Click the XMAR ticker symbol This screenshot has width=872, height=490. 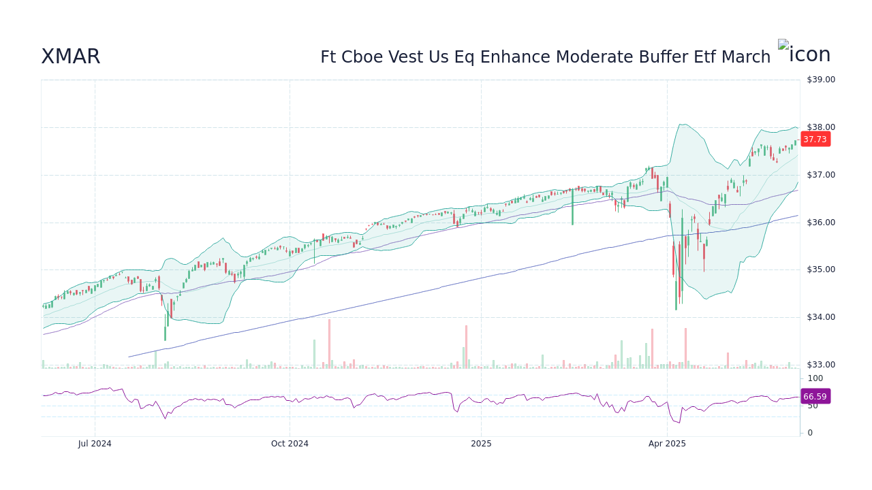pyautogui.click(x=70, y=57)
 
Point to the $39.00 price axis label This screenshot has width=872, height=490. pyautogui.click(x=820, y=80)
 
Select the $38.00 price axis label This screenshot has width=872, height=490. pyautogui.click(x=820, y=127)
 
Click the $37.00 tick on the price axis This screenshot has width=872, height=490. pyautogui.click(x=820, y=175)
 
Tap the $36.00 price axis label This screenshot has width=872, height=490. pyautogui.click(x=820, y=223)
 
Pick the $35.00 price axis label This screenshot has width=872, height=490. pyautogui.click(x=820, y=269)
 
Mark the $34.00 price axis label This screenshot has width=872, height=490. pyautogui.click(x=820, y=317)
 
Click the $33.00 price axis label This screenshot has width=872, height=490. pyautogui.click(x=820, y=365)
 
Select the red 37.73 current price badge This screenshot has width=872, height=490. pyautogui.click(x=815, y=140)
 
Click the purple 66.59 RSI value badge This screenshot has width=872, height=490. pyautogui.click(x=815, y=396)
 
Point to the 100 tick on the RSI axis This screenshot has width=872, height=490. pyautogui.click(x=815, y=378)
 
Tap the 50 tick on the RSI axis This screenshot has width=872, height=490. pyautogui.click(x=813, y=406)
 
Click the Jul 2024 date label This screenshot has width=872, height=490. pyautogui.click(x=95, y=444)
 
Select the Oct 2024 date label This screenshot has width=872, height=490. pyautogui.click(x=290, y=444)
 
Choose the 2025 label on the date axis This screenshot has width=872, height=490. pyautogui.click(x=481, y=444)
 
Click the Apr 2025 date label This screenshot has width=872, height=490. pyautogui.click(x=667, y=444)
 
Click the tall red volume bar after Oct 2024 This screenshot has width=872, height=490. pyautogui.click(x=329, y=344)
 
